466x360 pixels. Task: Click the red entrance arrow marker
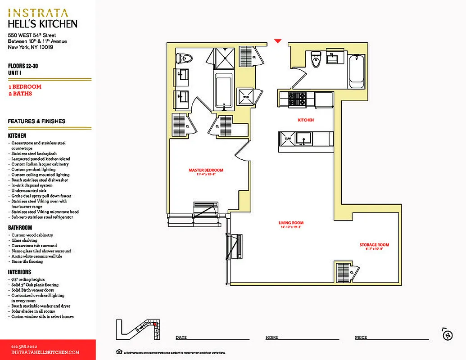(x=278, y=41)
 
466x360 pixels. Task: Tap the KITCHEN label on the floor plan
(x=306, y=120)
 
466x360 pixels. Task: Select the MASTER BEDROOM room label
(x=206, y=170)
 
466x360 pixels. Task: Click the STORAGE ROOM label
(x=374, y=245)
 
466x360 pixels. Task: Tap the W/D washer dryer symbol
(x=247, y=97)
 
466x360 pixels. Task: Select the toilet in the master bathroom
(x=185, y=58)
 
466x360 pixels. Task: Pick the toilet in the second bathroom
(x=316, y=60)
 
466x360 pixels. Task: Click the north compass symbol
(x=447, y=334)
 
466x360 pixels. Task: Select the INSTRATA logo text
(x=38, y=13)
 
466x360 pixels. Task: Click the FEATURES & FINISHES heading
(x=36, y=121)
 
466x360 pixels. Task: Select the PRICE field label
(x=361, y=337)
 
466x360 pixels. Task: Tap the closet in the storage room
(x=346, y=272)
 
